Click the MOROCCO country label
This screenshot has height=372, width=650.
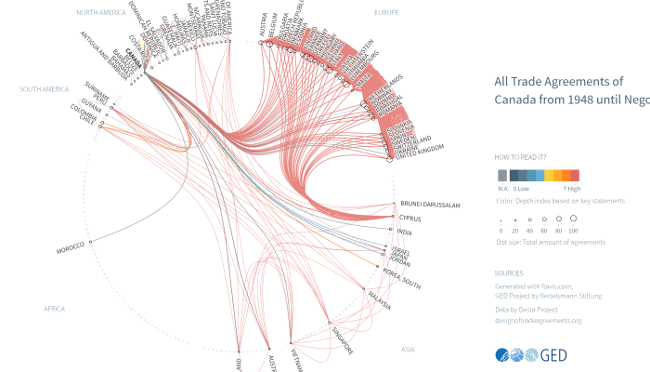tap(70, 248)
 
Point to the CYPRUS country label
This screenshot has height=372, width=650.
tap(411, 219)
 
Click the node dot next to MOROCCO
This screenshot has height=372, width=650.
tap(91, 244)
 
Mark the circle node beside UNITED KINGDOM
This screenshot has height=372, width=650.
tap(389, 159)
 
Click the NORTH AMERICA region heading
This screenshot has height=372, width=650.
tap(101, 12)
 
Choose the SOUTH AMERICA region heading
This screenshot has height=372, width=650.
tap(44, 89)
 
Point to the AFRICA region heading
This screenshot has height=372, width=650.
tap(54, 308)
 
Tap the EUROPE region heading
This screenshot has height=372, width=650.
tap(386, 12)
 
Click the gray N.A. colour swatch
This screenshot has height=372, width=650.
tap(502, 175)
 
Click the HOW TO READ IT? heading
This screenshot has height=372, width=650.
tap(520, 158)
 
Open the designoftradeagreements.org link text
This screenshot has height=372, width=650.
tap(538, 320)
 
